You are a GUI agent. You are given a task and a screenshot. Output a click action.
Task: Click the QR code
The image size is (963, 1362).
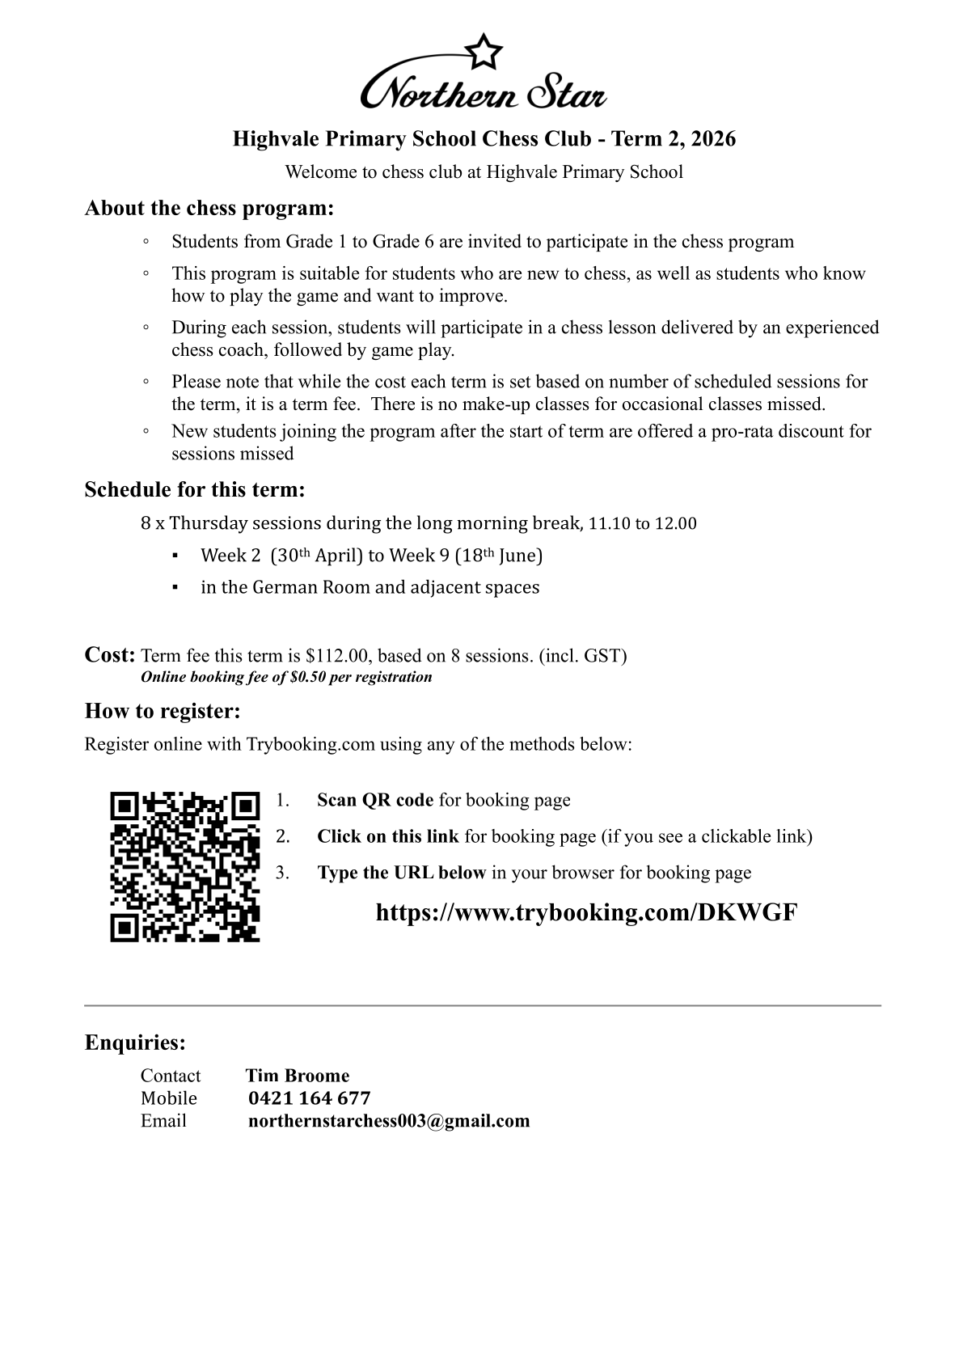click(185, 866)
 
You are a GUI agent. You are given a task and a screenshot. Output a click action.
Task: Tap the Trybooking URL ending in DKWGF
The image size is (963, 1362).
click(586, 912)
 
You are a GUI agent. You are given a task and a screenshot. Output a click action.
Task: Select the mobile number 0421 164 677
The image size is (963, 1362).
click(310, 1098)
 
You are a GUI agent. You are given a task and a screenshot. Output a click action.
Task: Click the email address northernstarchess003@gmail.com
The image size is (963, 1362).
click(389, 1120)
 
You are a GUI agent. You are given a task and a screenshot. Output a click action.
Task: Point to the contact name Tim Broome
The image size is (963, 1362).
click(298, 1075)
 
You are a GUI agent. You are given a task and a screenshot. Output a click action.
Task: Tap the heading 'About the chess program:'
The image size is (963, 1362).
click(209, 208)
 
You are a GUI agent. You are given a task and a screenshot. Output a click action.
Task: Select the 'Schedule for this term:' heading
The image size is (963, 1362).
click(195, 489)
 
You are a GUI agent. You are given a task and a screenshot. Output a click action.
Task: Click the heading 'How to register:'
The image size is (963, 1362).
click(163, 711)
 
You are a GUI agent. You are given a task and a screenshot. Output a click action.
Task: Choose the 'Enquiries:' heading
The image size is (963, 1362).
click(135, 1043)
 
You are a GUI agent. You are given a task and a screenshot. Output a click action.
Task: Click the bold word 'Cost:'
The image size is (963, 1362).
click(110, 654)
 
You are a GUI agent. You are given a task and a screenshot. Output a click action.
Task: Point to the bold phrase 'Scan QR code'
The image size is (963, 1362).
click(375, 800)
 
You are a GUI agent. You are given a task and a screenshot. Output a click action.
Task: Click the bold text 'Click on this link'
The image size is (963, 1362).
click(387, 836)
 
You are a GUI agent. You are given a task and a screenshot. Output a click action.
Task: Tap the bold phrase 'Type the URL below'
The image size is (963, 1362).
click(401, 873)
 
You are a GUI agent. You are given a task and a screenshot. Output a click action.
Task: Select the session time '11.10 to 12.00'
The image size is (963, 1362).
click(642, 523)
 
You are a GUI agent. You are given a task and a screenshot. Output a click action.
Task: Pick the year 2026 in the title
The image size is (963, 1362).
click(714, 139)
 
